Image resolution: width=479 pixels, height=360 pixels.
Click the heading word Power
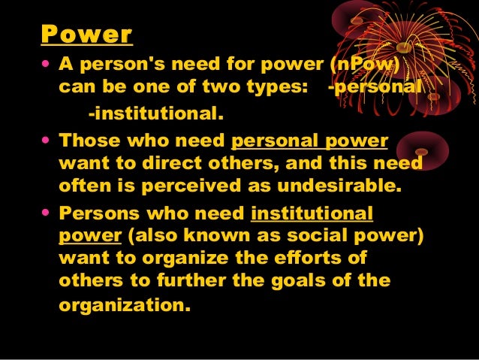click(86, 35)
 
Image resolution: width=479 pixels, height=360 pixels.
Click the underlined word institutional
click(312, 213)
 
